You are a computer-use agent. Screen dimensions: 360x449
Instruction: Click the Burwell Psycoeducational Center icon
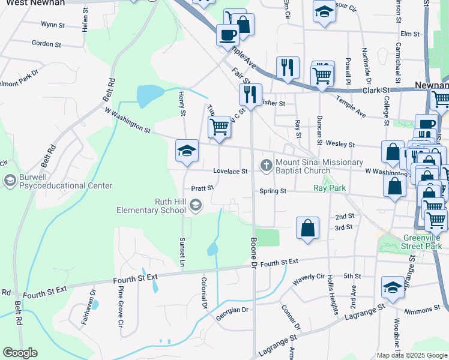(10, 180)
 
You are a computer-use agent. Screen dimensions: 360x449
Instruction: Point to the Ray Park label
(329, 188)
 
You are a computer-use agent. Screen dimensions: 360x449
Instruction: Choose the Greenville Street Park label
(422, 242)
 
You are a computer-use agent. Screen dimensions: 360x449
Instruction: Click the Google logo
(20, 353)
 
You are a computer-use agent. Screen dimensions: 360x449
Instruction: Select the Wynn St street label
(52, 25)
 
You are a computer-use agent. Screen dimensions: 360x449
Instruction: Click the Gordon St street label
(46, 44)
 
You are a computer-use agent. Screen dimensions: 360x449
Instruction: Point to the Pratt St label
(202, 188)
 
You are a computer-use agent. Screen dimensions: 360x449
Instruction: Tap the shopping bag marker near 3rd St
(307, 228)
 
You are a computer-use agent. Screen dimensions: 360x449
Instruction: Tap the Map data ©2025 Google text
(411, 355)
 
